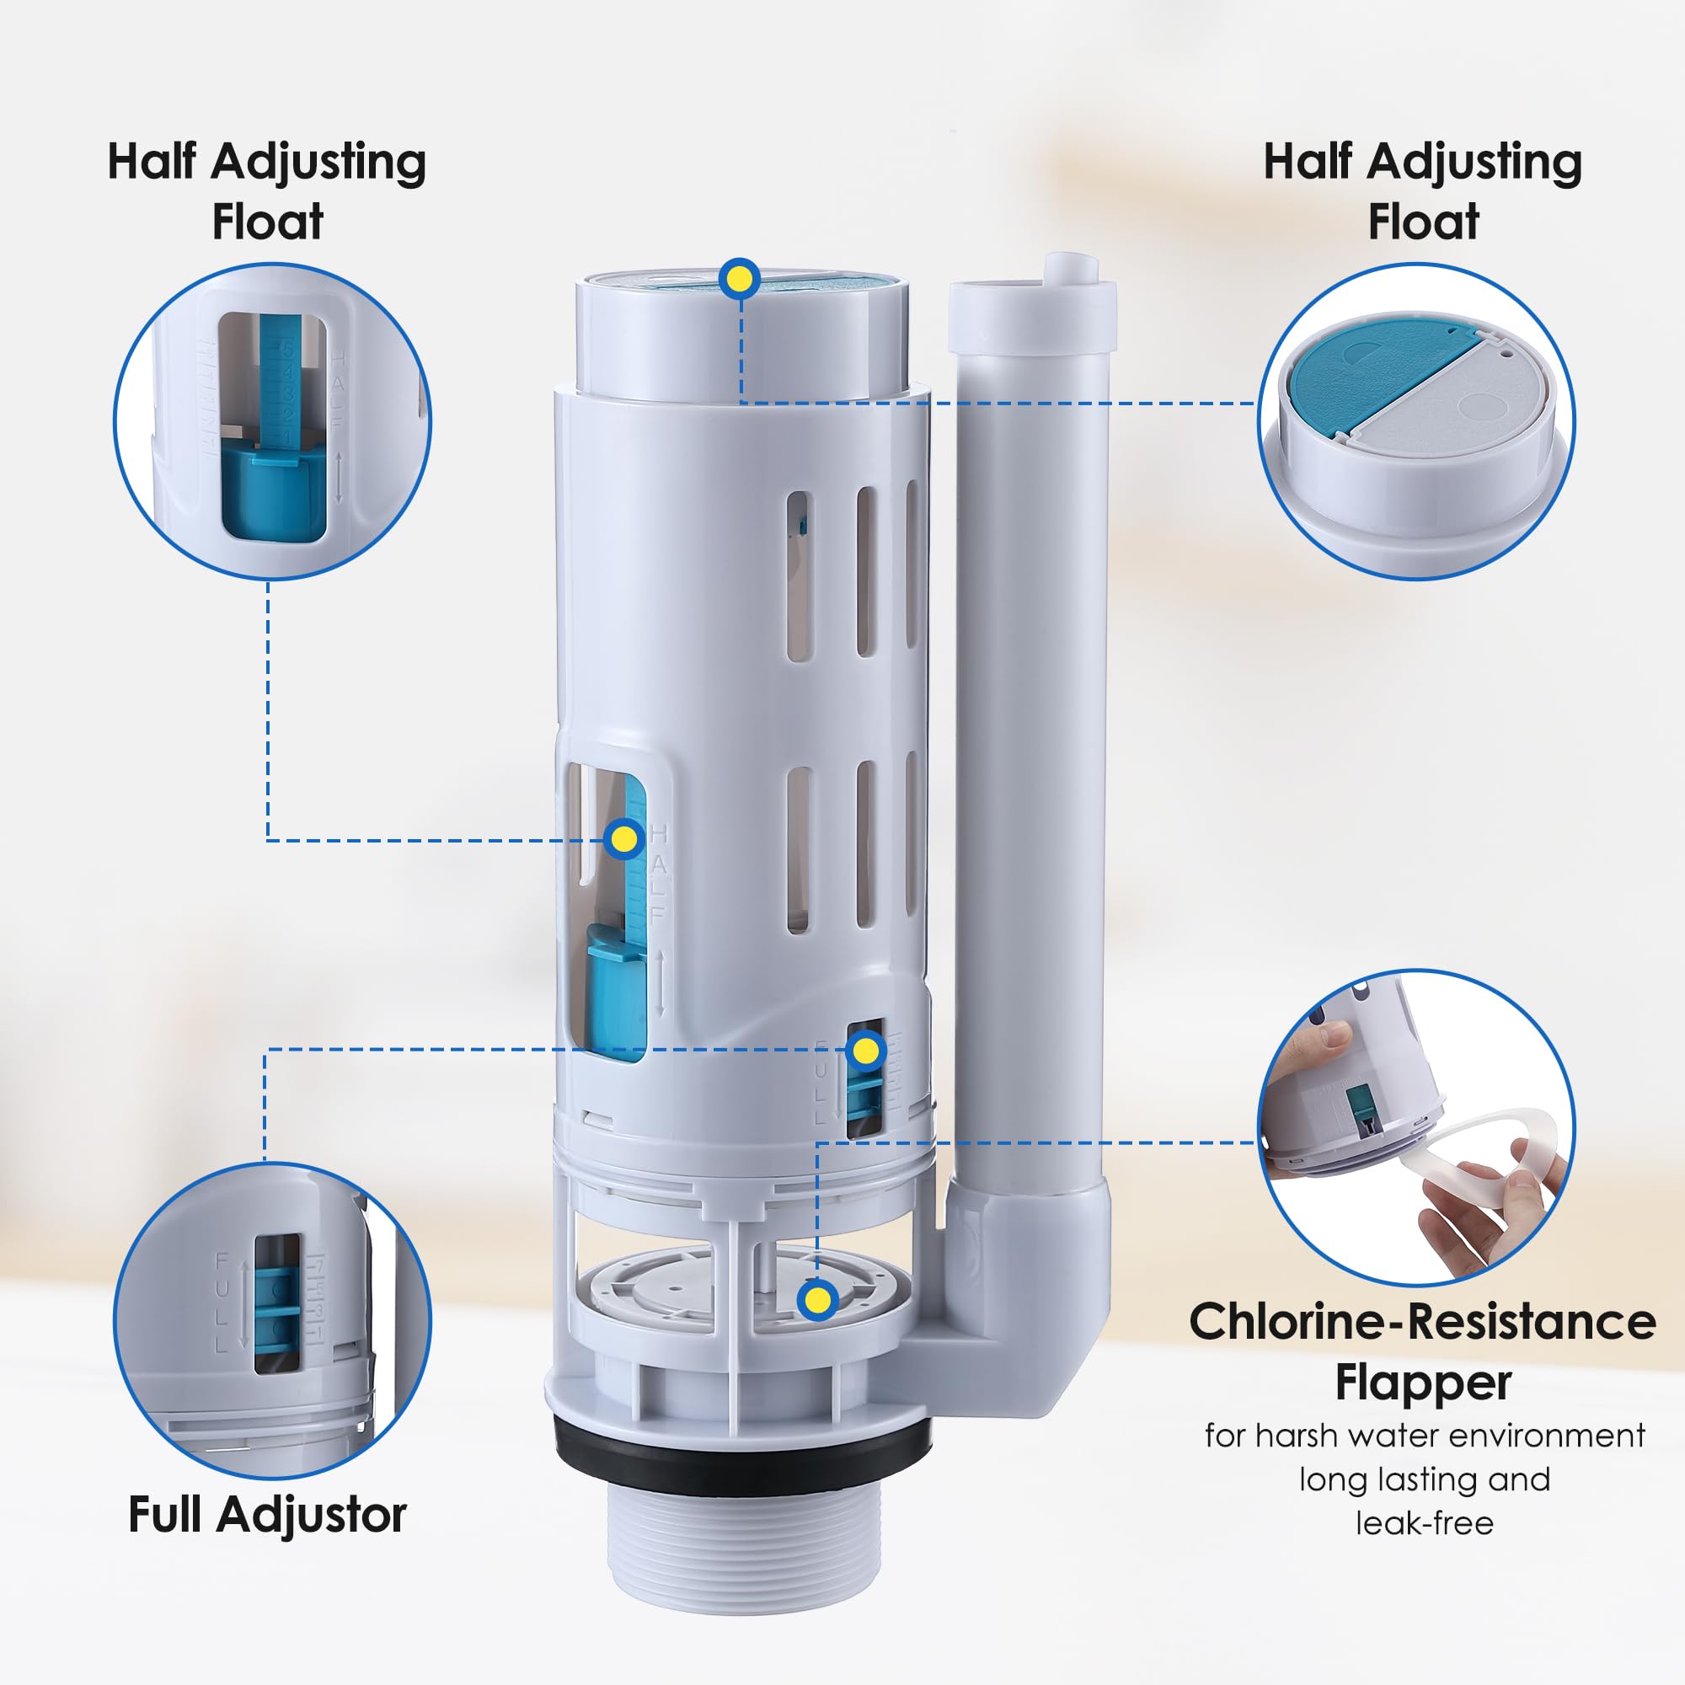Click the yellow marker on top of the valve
740,279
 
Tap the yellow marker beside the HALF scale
623,839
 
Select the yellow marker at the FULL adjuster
865,1051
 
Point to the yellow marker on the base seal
817,1300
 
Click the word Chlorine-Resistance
1421,1323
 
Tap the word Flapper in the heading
1423,1383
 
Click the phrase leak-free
1424,1522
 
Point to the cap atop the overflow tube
1032,309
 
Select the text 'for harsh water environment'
1424,1435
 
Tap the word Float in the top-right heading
1423,222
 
